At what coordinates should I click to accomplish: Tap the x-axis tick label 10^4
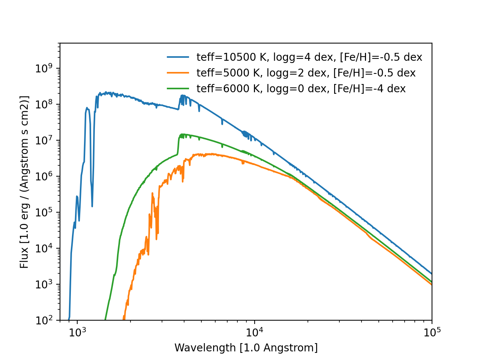[x=255, y=332]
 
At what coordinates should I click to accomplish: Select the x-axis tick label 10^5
[x=432, y=332]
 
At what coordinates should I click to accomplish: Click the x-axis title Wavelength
[x=246, y=348]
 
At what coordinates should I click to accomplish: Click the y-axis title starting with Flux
[x=25, y=182]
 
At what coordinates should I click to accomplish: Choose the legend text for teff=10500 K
[x=309, y=57]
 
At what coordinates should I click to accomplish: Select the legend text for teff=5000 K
[x=306, y=73]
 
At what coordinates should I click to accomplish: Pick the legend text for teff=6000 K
[x=301, y=88]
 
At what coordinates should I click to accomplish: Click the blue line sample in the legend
[x=178, y=57]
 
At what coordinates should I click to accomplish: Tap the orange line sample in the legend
[x=178, y=73]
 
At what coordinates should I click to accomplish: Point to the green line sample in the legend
[x=178, y=88]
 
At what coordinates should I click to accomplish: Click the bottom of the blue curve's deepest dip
[x=92, y=206]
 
